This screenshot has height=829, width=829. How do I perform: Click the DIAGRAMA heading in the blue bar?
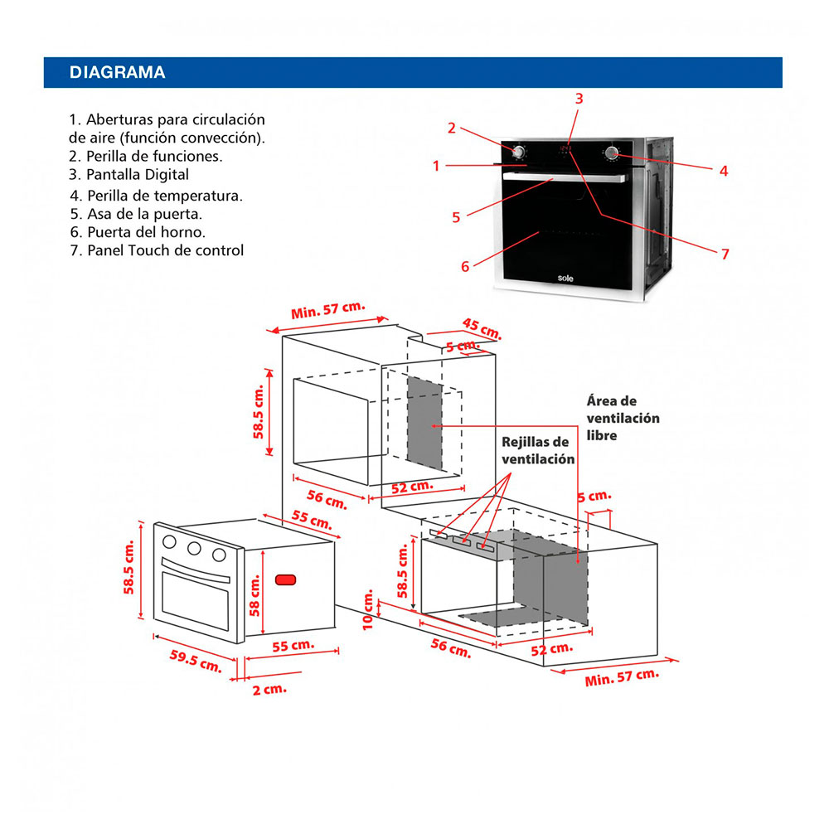[117, 72]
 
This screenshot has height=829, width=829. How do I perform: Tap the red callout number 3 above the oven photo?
[579, 98]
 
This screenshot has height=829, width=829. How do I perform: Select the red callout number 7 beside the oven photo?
[725, 254]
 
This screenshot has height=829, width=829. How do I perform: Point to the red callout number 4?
[724, 171]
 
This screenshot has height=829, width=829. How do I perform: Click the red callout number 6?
[465, 266]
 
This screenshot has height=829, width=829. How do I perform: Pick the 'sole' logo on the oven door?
[565, 279]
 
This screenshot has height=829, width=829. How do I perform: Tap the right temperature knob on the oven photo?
[613, 153]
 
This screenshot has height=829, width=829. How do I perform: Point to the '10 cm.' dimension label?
[369, 610]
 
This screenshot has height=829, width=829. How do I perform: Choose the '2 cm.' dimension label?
[269, 689]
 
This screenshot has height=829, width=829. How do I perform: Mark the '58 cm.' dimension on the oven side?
[255, 596]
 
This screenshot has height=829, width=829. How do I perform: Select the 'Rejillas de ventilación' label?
[537, 450]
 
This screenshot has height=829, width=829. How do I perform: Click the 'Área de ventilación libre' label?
[623, 418]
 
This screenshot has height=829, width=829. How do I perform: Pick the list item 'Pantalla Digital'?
[129, 174]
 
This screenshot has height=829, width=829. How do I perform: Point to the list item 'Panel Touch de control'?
[157, 250]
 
